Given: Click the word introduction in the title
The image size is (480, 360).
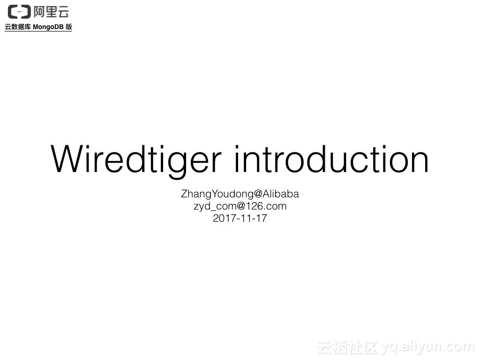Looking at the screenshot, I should click(x=331, y=159).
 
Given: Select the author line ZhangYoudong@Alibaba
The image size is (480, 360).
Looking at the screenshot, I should click(x=240, y=194).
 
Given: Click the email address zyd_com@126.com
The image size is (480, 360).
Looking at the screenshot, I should click(x=240, y=206).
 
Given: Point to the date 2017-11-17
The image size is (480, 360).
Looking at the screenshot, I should click(x=240, y=218).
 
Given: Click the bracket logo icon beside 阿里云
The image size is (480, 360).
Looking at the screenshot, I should click(x=19, y=12).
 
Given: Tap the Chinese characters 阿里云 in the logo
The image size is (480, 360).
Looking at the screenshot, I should click(x=52, y=12).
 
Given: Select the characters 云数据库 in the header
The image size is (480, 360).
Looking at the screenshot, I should click(x=18, y=27).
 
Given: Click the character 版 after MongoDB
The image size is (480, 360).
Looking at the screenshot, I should click(x=69, y=27).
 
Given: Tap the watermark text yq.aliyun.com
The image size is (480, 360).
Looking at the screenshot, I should click(x=427, y=347).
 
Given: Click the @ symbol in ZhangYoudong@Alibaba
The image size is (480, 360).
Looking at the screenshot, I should click(x=258, y=194).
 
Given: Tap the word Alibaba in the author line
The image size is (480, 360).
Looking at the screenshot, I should click(x=281, y=194).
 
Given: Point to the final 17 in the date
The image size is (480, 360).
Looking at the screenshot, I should click(x=261, y=218).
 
